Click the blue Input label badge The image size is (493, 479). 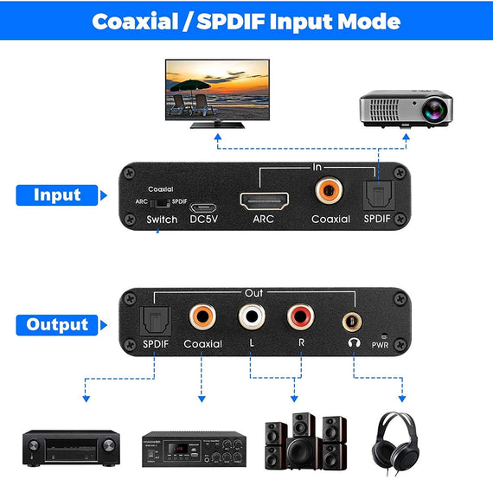56,195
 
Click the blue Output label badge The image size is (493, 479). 56,325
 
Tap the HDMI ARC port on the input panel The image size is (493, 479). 266,200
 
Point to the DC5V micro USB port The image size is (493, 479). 204,208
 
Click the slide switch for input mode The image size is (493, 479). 160,201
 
